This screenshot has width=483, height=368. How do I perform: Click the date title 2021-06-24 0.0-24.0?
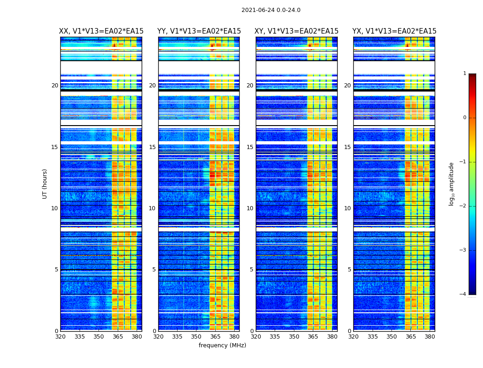pyautogui.click(x=270, y=10)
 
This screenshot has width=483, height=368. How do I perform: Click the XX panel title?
pyautogui.click(x=101, y=31)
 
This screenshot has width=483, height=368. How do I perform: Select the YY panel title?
pyautogui.click(x=199, y=31)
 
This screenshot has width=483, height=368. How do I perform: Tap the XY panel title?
pyautogui.click(x=297, y=31)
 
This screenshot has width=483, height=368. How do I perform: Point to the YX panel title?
pyautogui.click(x=394, y=31)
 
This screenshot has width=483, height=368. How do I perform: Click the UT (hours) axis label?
pyautogui.click(x=45, y=184)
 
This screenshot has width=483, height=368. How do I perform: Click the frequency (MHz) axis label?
pyautogui.click(x=222, y=345)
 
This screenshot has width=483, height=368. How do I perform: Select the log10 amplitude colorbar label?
pyautogui.click(x=452, y=184)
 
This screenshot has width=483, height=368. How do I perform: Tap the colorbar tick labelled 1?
pyautogui.click(x=465, y=74)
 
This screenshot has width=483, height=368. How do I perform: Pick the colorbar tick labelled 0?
pyautogui.click(x=465, y=118)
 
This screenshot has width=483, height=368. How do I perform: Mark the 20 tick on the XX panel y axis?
pyautogui.click(x=55, y=86)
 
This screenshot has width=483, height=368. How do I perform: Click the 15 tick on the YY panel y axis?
pyautogui.click(x=153, y=147)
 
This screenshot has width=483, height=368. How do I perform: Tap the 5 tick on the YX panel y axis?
pyautogui.click(x=350, y=270)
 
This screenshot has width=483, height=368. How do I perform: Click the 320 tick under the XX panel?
pyautogui.click(x=60, y=337)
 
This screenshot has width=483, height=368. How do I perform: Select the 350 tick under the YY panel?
pyautogui.click(x=196, y=337)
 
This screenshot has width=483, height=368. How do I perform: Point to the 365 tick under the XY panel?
pyautogui.click(x=313, y=337)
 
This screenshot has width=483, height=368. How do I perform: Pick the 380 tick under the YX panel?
pyautogui.click(x=430, y=337)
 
